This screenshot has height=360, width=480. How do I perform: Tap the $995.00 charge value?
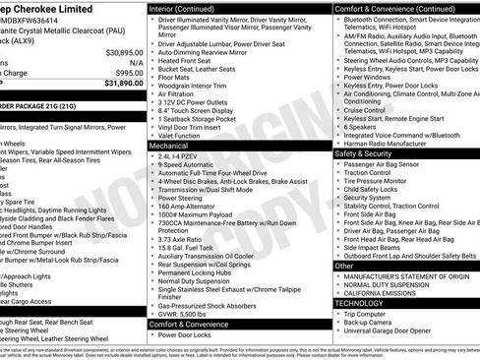pyautogui.click(x=129, y=72)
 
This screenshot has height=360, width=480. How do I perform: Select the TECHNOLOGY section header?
pyautogui.click(x=359, y=303)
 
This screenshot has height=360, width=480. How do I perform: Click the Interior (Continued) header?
pyautogui.click(x=193, y=8)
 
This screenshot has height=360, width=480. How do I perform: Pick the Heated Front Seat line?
pyautogui.click(x=190, y=61)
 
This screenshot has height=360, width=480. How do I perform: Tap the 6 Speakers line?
pyautogui.click(x=360, y=127)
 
